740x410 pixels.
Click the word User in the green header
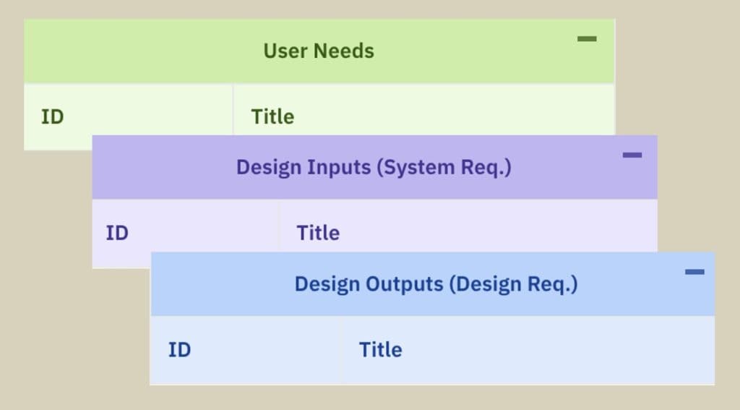[285, 51]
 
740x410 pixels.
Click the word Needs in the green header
[344, 51]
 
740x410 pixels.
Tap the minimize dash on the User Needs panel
[587, 39]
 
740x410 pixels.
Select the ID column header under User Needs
[52, 116]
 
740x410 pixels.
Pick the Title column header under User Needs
[272, 116]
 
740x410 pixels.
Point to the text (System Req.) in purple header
[444, 168]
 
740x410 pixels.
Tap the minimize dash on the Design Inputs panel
[632, 155]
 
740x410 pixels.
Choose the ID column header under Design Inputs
[117, 233]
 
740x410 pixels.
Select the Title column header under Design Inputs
[318, 233]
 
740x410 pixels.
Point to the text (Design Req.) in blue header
[514, 284]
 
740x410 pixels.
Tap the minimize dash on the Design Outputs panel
[694, 272]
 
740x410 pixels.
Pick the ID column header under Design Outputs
[180, 349]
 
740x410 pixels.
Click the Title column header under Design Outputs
[381, 349]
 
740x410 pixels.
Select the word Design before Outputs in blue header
[327, 284]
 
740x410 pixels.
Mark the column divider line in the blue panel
[340, 350]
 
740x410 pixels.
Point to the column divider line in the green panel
[233, 110]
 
